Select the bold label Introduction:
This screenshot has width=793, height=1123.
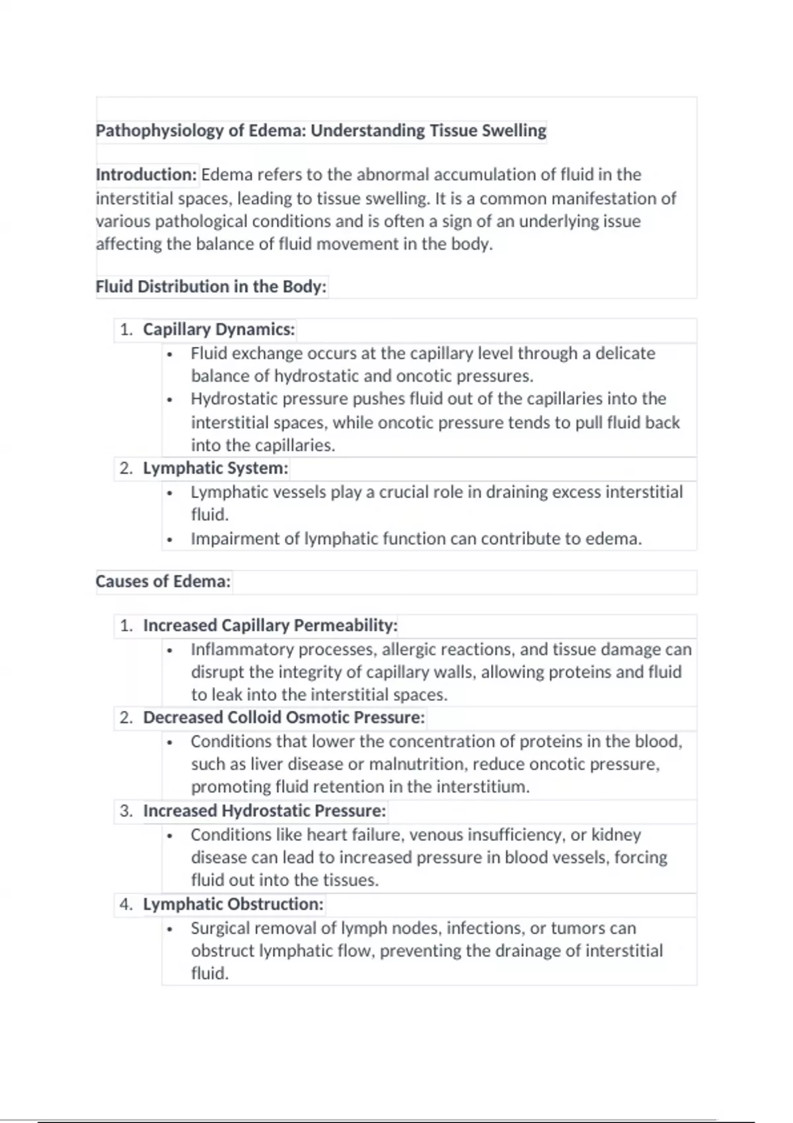(x=146, y=175)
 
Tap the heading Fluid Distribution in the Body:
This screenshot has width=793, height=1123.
(x=211, y=287)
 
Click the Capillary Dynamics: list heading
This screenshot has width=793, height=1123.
(x=219, y=330)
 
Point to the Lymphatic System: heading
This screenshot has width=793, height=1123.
(x=215, y=468)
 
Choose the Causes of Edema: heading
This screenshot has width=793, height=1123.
(x=163, y=581)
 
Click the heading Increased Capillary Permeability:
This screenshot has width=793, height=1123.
(x=270, y=625)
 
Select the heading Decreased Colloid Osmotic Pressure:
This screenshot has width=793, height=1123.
(x=284, y=717)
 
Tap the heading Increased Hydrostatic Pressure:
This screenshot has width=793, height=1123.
(x=264, y=811)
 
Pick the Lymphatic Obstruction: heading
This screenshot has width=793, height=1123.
(x=233, y=904)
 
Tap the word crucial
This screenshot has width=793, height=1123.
(x=403, y=492)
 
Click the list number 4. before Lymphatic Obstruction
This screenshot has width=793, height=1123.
(x=126, y=904)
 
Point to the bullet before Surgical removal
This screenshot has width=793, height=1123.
(x=170, y=929)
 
